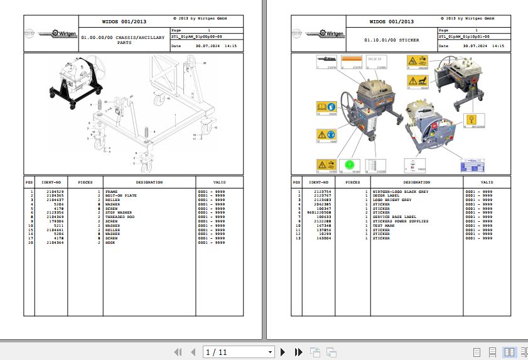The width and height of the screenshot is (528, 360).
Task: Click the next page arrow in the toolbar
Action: tap(283, 352)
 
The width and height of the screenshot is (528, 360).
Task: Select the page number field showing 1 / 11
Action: tap(239, 352)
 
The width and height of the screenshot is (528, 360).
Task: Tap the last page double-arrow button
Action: tap(299, 352)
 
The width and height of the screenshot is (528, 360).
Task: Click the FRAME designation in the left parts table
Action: tap(111, 192)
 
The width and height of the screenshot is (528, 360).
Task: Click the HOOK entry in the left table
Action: tap(110, 242)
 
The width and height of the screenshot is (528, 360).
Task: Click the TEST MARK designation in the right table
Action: tap(384, 226)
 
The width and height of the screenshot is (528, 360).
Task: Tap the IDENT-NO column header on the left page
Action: tap(50, 182)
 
